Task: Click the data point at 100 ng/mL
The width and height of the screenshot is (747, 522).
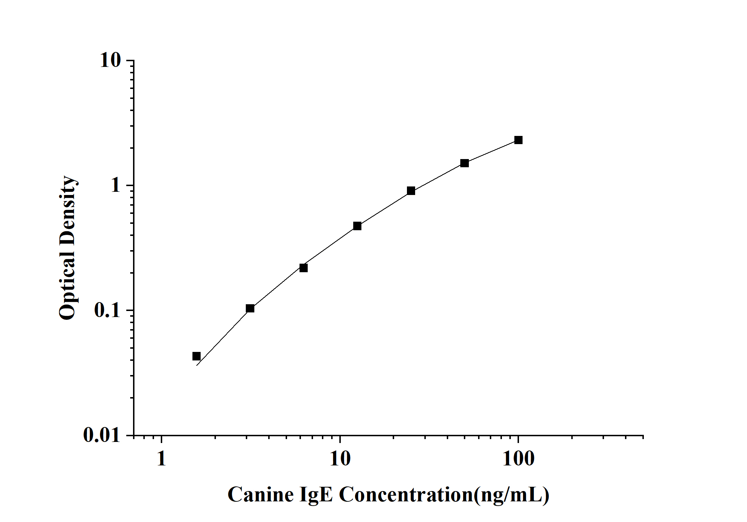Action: (x=518, y=140)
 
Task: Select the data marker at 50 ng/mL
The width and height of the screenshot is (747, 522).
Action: (x=465, y=163)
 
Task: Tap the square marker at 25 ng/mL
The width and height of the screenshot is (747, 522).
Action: (x=411, y=191)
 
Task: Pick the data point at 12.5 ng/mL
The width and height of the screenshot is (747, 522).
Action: (x=357, y=226)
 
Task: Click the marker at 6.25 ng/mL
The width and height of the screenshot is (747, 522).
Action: (x=303, y=268)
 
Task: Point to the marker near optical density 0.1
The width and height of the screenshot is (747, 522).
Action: (x=250, y=309)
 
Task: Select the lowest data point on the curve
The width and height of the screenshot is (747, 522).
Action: (x=196, y=356)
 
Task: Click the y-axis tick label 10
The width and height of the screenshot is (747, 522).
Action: (x=110, y=60)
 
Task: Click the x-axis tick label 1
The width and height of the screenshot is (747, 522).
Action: (x=161, y=459)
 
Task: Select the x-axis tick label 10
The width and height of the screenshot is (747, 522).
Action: (x=340, y=459)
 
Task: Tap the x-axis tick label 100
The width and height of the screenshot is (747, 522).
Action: (x=518, y=459)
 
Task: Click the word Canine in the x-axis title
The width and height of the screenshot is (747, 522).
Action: (x=260, y=495)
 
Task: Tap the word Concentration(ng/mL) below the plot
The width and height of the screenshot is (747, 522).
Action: (x=444, y=495)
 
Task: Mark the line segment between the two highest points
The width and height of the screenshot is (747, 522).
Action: (x=491, y=152)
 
